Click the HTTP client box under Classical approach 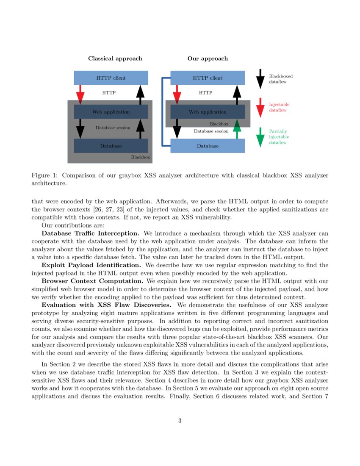tap(111, 78)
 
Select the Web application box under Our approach tap(208, 112)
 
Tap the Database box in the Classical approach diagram tap(111, 146)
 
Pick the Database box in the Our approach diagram tap(208, 146)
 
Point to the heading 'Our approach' tap(208, 58)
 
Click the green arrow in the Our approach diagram tap(237, 129)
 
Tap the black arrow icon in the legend tap(260, 79)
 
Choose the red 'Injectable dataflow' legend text tap(280, 107)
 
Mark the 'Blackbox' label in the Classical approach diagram tap(140, 157)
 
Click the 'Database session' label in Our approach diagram tap(211, 131)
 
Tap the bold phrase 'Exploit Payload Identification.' tap(91, 265)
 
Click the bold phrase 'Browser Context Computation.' tap(92, 281)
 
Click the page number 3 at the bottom tap(180, 421)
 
